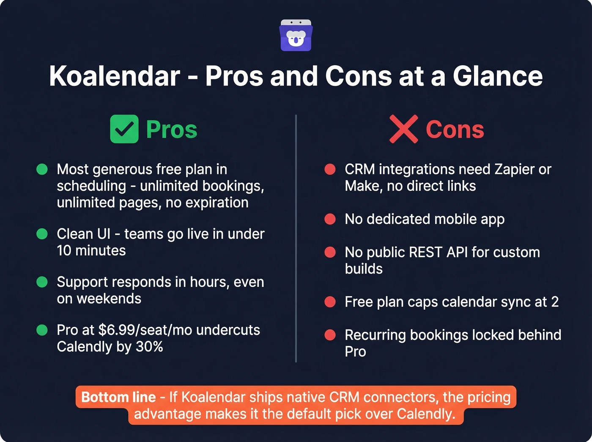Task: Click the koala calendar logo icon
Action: tap(296, 36)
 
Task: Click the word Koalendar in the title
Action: tap(115, 76)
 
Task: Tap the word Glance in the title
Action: tap(497, 76)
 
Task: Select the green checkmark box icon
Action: tap(124, 129)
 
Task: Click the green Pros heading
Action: tap(171, 129)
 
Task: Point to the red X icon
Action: tap(403, 129)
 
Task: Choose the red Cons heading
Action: tap(455, 129)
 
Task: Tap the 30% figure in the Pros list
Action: tap(149, 347)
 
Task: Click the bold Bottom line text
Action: tap(118, 397)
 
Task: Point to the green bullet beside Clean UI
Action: tap(42, 234)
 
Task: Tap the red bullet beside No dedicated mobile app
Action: tap(330, 219)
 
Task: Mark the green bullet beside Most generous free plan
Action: tap(42, 169)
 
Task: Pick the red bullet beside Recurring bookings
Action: tap(330, 335)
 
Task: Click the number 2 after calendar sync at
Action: tap(555, 302)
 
